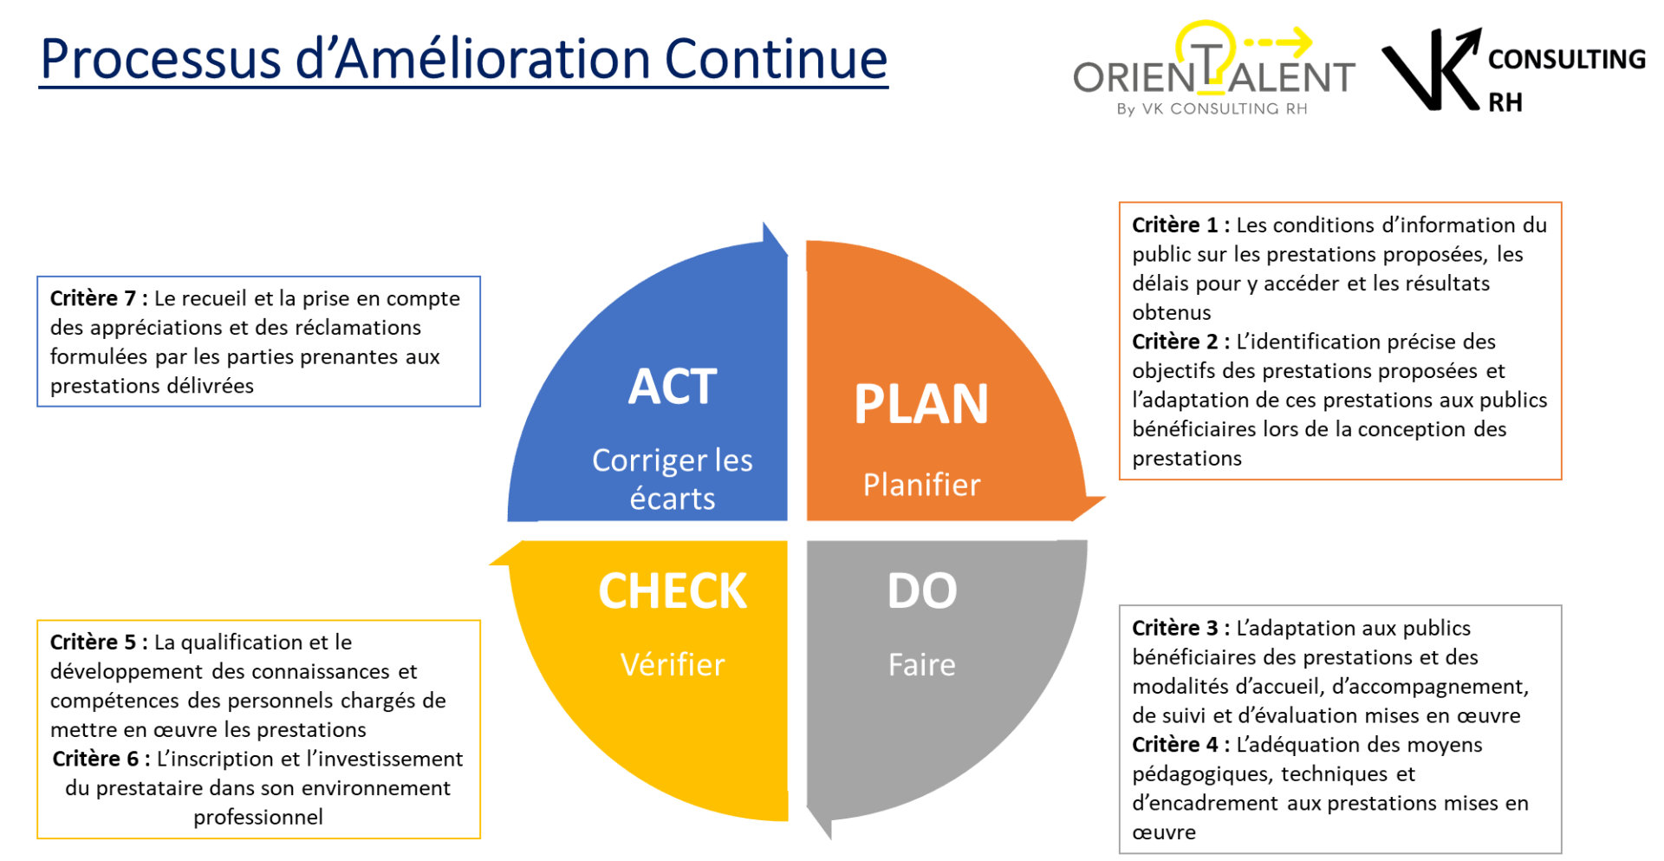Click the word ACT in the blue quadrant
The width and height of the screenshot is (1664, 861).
click(673, 387)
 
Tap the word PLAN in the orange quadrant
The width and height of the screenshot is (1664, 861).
click(921, 404)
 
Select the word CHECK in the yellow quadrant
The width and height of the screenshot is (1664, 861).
click(673, 591)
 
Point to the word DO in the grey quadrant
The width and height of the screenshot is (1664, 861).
click(922, 591)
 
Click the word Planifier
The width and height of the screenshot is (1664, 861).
click(921, 485)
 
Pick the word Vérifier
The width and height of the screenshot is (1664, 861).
click(673, 665)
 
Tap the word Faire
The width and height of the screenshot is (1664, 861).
click(922, 665)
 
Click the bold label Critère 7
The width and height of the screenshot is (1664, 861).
click(99, 298)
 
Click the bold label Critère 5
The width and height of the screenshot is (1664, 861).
click(99, 642)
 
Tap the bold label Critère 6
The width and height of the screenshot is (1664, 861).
click(101, 759)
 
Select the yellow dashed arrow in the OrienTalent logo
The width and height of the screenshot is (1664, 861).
click(1278, 41)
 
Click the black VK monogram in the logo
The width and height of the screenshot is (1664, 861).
click(1432, 69)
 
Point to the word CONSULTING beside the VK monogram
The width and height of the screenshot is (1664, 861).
click(1567, 59)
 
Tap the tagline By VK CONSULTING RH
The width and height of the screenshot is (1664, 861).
click(1212, 109)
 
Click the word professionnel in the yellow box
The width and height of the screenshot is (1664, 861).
click(258, 818)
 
